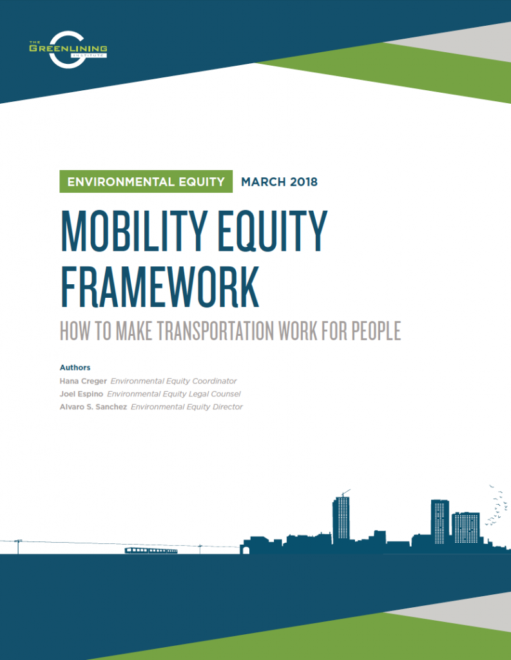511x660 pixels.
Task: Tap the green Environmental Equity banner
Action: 146,181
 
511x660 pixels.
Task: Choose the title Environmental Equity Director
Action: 187,407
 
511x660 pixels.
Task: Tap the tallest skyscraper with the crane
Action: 342,519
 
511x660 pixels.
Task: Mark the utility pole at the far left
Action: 17,546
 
